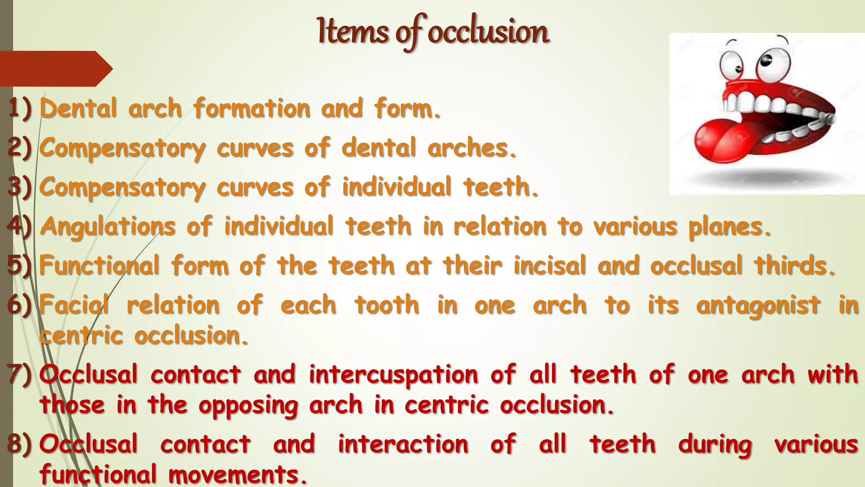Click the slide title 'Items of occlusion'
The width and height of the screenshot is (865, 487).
(x=433, y=32)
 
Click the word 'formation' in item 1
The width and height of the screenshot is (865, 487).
(x=252, y=108)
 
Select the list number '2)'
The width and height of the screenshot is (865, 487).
(x=19, y=148)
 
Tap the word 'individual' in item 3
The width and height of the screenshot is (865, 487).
(x=397, y=187)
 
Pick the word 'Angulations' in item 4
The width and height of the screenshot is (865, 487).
(x=108, y=227)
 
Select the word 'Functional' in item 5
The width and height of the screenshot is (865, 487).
(x=99, y=266)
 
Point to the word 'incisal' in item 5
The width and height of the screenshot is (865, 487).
(x=550, y=266)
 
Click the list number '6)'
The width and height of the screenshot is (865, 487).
(x=19, y=305)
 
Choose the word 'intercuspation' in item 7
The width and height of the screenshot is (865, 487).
(x=394, y=375)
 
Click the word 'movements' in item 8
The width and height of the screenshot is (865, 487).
(x=237, y=474)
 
